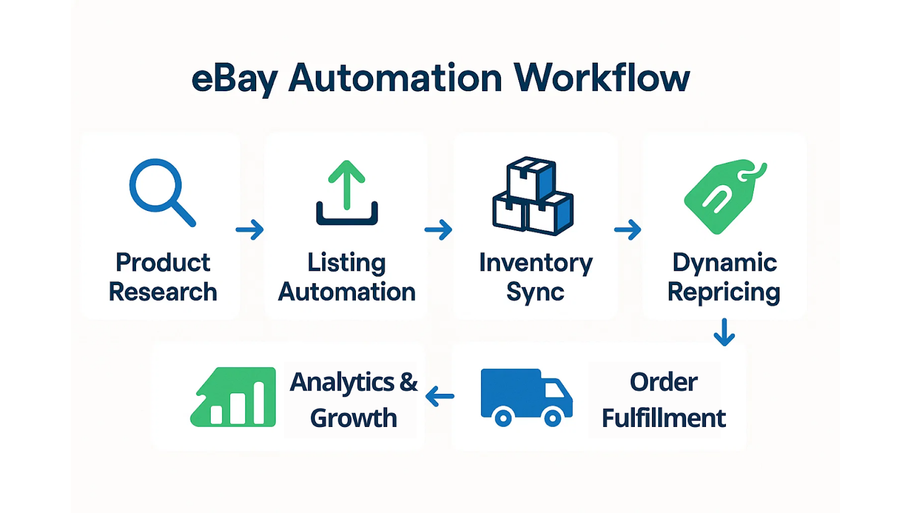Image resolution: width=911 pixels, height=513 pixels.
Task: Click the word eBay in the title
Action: pyautogui.click(x=234, y=79)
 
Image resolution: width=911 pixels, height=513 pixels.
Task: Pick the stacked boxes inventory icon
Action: pyautogui.click(x=533, y=196)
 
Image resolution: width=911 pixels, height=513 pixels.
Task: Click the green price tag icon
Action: pyautogui.click(x=724, y=196)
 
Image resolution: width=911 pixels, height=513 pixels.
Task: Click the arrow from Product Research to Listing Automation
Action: pyautogui.click(x=250, y=230)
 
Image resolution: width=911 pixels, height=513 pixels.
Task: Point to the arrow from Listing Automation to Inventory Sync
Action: pyautogui.click(x=438, y=230)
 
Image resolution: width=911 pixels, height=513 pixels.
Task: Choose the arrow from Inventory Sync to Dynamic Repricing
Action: pyautogui.click(x=627, y=230)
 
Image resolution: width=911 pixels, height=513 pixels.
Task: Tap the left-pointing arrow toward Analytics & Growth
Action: pyautogui.click(x=440, y=396)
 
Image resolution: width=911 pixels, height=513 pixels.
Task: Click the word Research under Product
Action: pyautogui.click(x=163, y=292)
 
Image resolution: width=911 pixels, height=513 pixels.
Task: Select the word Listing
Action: pyautogui.click(x=346, y=263)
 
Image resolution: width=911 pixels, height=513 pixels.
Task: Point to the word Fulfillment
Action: pyautogui.click(x=663, y=418)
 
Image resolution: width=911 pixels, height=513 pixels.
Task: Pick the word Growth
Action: pyautogui.click(x=354, y=418)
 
